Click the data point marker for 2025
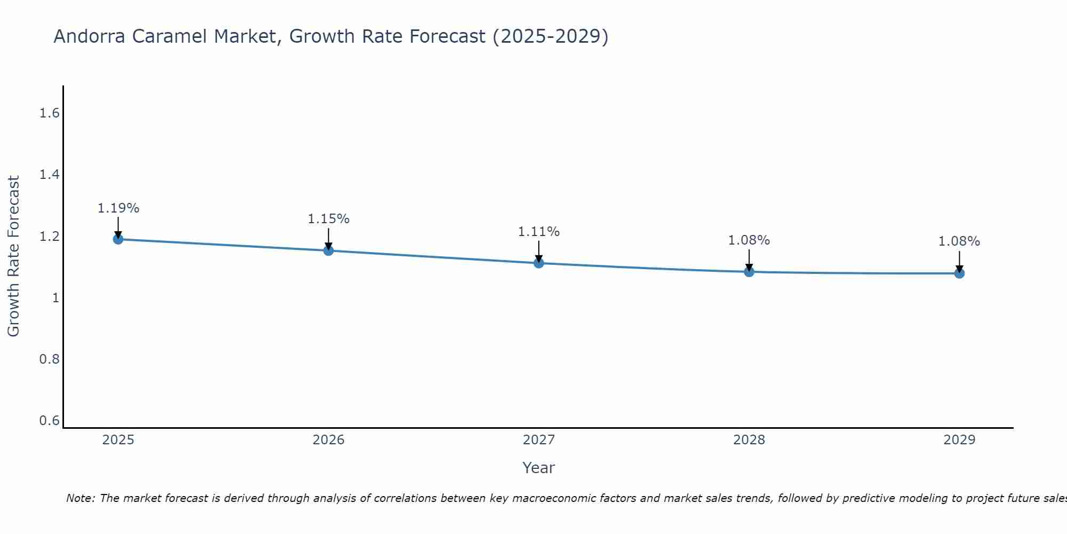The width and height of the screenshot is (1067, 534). coord(118,239)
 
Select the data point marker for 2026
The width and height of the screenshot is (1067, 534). coord(329,250)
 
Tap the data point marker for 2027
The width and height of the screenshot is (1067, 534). coord(539,263)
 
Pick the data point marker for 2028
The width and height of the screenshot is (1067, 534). coord(749,271)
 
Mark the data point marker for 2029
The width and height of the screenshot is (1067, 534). coord(959,273)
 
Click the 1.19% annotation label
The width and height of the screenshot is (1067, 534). coord(118,208)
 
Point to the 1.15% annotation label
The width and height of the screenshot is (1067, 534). coord(329,219)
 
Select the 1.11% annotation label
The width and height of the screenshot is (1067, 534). coord(539,232)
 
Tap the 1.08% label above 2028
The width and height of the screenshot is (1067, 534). coord(749,240)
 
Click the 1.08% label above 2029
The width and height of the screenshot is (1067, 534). coord(959,241)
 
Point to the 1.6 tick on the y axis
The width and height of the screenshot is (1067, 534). coord(49,113)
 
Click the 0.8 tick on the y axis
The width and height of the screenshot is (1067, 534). coord(49,359)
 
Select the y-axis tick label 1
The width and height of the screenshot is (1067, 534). coord(55,297)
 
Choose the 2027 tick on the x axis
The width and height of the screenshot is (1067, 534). coord(539,440)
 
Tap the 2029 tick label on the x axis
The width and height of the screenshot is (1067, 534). coord(959,440)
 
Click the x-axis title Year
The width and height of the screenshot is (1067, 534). coord(539,468)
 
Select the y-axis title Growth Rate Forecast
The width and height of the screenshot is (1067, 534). coord(14,256)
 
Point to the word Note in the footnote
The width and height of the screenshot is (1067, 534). coord(80,498)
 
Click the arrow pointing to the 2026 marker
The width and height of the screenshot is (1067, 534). coord(329,238)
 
